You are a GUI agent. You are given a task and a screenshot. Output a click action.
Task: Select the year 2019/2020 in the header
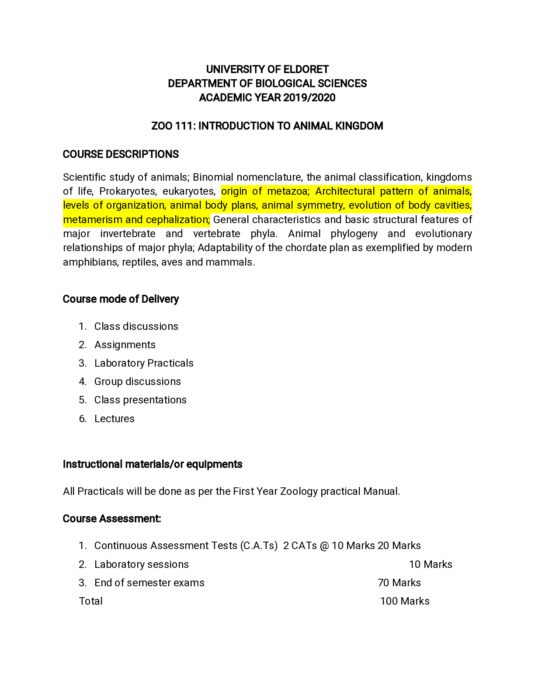tap(309, 98)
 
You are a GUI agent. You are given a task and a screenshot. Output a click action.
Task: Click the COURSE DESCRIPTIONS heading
tap(121, 154)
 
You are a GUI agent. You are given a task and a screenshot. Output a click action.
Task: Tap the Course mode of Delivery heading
tap(121, 299)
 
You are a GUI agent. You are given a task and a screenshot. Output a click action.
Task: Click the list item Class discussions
tap(136, 326)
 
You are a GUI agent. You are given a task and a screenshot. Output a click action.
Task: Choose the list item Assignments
tap(125, 345)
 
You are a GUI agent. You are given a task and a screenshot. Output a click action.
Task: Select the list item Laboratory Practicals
tap(144, 363)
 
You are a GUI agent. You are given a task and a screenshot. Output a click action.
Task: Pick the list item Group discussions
tap(137, 381)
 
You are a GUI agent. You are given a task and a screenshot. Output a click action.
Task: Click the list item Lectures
tap(114, 419)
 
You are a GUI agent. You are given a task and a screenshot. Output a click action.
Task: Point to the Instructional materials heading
tap(153, 464)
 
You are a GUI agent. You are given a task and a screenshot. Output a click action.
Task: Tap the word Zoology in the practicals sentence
tap(299, 491)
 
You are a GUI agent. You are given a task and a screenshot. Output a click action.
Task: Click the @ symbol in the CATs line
tap(324, 546)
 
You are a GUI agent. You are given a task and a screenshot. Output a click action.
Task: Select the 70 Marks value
tap(399, 583)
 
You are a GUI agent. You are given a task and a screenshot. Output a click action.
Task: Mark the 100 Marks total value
tap(405, 601)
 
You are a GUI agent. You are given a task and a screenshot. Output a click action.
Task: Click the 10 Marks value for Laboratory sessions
tap(431, 564)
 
